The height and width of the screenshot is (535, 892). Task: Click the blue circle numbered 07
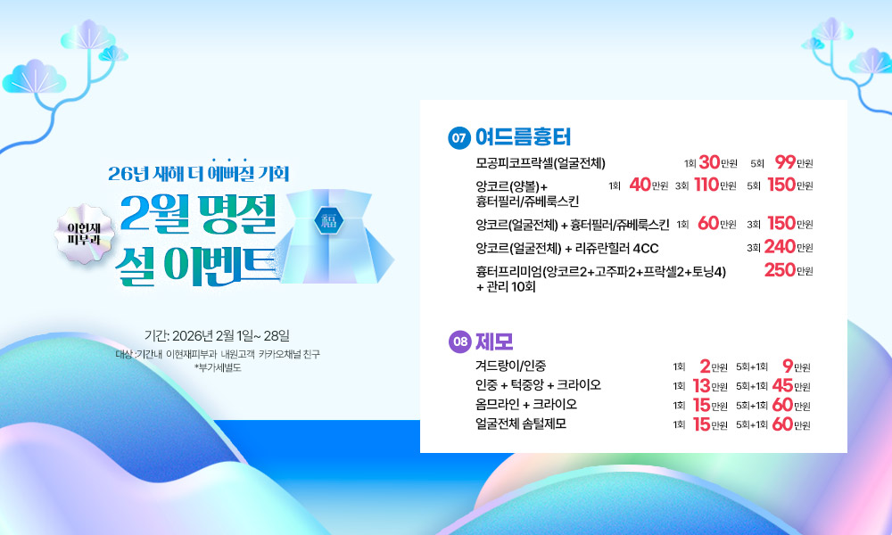pos(459,137)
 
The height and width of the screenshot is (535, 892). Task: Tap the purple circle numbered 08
pos(459,342)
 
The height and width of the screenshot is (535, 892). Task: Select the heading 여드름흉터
pos(523,137)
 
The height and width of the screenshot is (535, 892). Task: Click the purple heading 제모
pos(494,342)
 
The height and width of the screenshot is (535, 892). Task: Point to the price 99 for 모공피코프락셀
pos(785,162)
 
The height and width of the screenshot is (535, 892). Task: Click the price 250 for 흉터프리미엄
pos(780,269)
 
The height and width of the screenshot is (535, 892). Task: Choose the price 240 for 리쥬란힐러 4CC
pos(780,246)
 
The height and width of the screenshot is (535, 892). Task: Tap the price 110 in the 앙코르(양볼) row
pos(706,185)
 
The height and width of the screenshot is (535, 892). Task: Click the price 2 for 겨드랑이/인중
pos(706,366)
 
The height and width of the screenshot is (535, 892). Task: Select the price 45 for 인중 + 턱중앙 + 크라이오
pos(782,385)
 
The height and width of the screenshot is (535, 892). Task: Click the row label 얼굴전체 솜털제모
pos(521,424)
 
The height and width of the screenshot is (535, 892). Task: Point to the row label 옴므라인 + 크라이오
pos(526,404)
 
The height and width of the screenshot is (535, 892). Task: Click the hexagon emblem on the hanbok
pos(329,220)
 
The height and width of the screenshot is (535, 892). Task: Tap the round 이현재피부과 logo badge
pos(84,234)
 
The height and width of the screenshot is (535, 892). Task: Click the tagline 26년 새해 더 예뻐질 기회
pos(199,173)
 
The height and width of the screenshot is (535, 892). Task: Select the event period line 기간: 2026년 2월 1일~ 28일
pos(217,335)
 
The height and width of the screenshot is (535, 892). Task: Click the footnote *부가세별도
pos(218,368)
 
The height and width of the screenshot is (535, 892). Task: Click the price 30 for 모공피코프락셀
pos(709,162)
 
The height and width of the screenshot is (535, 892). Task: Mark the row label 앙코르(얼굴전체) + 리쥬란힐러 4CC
pos(566,249)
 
